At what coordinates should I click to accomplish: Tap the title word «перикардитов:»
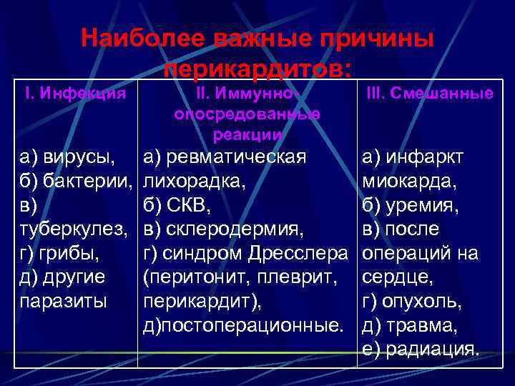257,69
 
